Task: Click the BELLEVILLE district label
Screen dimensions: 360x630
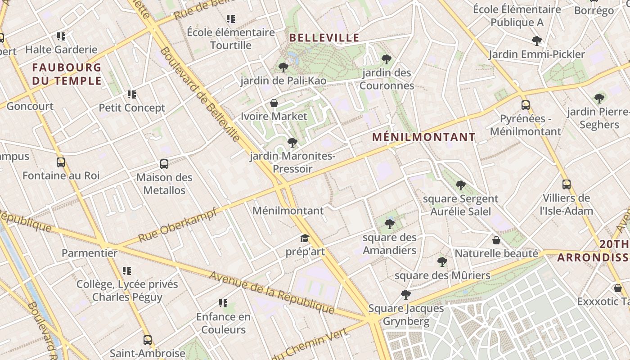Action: [324, 37]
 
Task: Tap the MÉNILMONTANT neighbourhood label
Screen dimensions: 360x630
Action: [423, 137]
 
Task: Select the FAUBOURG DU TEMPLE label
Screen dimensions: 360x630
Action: [67, 74]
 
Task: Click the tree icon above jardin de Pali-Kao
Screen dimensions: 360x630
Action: [283, 67]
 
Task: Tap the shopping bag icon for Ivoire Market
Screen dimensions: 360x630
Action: [274, 103]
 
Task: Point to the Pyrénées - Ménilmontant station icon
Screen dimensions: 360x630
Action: [525, 105]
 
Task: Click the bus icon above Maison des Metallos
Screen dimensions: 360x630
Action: [164, 164]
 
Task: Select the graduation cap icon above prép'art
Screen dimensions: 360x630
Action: [305, 238]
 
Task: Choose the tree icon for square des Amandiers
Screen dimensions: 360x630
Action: [390, 224]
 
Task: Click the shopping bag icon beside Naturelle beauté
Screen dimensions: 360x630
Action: [496, 240]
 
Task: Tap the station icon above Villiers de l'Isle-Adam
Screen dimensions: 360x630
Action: [566, 184]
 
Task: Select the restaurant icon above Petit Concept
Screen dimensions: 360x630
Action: [131, 94]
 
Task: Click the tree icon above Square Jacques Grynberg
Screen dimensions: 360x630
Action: [405, 295]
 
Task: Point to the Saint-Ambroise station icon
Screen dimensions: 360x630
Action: [147, 340]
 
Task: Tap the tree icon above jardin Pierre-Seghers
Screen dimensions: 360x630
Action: [599, 98]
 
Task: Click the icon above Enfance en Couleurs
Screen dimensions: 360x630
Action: [223, 303]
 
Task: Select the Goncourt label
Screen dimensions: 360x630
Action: [30, 107]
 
